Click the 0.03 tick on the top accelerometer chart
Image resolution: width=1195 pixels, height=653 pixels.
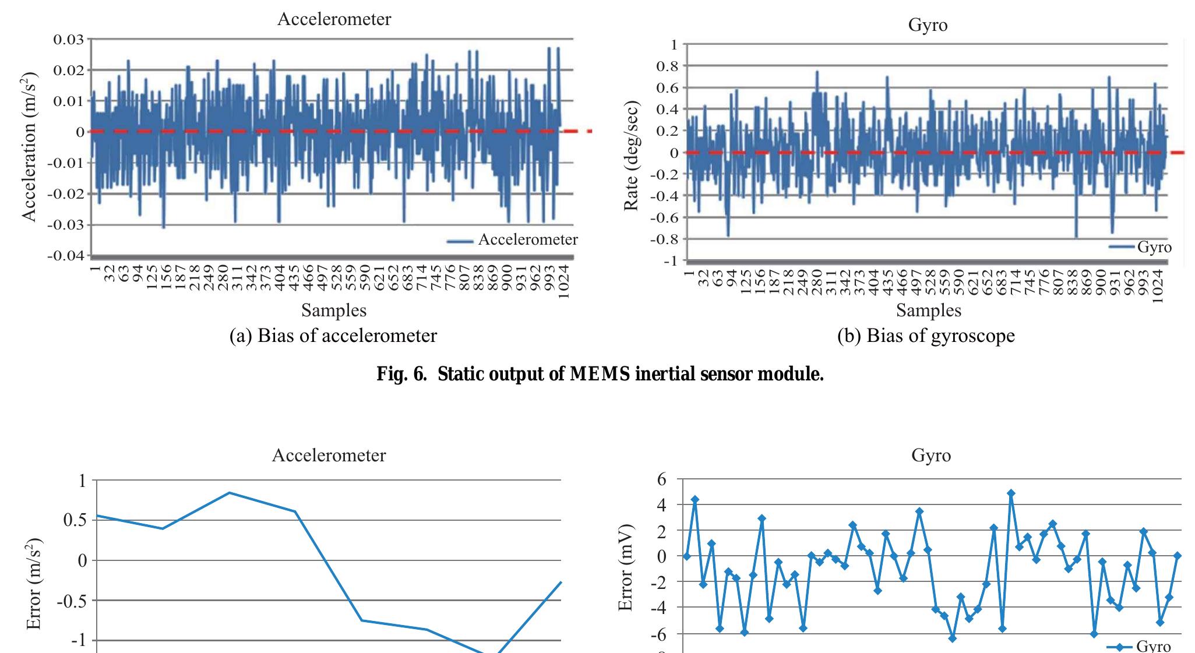coord(69,40)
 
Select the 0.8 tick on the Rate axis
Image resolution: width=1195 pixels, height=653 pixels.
coord(668,66)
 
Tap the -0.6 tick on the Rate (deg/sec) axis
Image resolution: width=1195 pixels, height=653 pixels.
coord(665,217)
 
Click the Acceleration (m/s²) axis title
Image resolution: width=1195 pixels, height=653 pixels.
coord(30,147)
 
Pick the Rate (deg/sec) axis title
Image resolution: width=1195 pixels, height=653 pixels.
coord(632,156)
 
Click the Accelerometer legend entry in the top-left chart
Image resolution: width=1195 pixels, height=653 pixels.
coord(527,240)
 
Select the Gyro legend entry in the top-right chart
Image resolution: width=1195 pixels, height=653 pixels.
coord(1154,247)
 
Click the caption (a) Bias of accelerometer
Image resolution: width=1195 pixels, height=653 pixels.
coord(333,336)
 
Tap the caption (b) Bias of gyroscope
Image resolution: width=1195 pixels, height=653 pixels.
coord(926,336)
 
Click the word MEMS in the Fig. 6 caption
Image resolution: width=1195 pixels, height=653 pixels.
coord(600,373)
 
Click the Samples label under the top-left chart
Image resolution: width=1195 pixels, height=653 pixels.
coord(334,310)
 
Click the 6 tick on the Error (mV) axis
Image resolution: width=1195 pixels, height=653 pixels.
coord(661,479)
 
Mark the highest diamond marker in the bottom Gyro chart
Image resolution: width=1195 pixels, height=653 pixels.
coord(1011,493)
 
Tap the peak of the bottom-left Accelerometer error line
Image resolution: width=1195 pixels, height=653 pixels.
coord(230,493)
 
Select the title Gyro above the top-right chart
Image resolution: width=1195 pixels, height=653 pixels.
coord(928,25)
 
